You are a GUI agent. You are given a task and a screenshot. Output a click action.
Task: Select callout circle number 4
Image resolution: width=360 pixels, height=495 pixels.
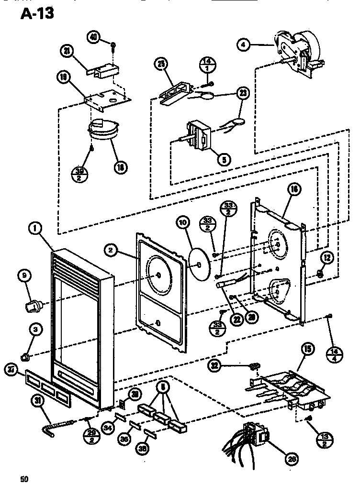(244, 45)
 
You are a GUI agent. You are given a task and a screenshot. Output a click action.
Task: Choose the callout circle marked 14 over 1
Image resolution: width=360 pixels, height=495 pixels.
(207, 65)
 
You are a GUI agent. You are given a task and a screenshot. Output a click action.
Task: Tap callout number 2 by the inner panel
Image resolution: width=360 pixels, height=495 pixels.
(111, 249)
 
